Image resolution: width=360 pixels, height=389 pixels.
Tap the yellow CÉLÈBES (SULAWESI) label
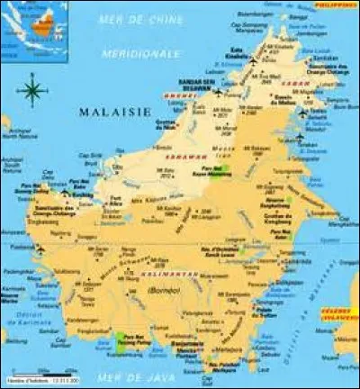tap(338, 312)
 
